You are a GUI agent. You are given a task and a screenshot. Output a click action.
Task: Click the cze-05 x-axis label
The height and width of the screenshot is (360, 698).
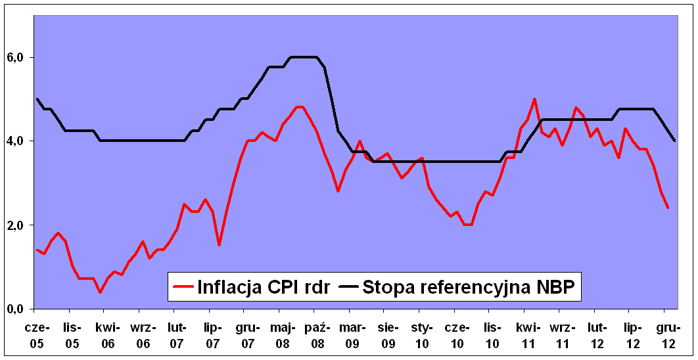point(37,334)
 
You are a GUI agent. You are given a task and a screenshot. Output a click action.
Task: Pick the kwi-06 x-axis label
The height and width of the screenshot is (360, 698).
point(106,334)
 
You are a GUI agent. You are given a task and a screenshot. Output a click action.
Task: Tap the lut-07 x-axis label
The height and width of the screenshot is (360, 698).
point(176,334)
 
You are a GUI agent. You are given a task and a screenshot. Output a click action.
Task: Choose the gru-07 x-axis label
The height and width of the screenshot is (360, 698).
point(246,334)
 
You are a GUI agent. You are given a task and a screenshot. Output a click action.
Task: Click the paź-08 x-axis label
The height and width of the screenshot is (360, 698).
point(316,334)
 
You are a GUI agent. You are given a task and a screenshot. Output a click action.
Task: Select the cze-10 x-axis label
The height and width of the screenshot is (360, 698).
point(456,334)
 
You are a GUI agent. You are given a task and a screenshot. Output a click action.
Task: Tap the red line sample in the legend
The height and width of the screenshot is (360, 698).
point(183,287)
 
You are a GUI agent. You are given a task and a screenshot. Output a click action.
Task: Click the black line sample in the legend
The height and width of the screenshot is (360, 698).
point(348,287)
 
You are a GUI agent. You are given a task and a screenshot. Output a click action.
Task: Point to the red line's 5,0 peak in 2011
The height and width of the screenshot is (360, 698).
point(534,99)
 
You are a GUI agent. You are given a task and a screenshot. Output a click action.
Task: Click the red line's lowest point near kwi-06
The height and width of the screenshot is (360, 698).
point(100,292)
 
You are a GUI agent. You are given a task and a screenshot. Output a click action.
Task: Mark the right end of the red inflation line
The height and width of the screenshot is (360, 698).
point(668,208)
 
